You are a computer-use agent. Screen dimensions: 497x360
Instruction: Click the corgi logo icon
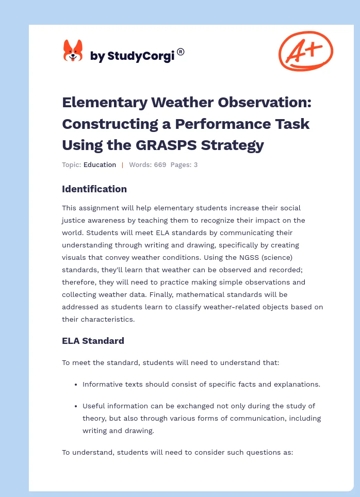click(x=73, y=51)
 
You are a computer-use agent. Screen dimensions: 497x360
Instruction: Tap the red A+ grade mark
click(x=305, y=51)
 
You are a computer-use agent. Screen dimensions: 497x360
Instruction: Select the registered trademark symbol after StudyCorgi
click(x=181, y=52)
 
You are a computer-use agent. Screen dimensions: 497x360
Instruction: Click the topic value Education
click(x=100, y=165)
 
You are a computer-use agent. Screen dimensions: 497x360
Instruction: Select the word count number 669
click(x=159, y=165)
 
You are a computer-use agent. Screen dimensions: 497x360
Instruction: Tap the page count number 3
click(x=195, y=165)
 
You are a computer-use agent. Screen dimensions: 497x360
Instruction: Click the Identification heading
click(x=94, y=189)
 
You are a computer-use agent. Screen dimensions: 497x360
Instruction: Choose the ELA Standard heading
click(x=93, y=341)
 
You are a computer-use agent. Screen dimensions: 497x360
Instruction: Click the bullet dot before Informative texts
click(x=76, y=385)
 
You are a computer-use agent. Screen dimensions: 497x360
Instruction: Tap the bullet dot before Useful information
click(x=76, y=406)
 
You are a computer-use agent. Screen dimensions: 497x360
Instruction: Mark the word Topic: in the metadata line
click(x=71, y=165)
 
